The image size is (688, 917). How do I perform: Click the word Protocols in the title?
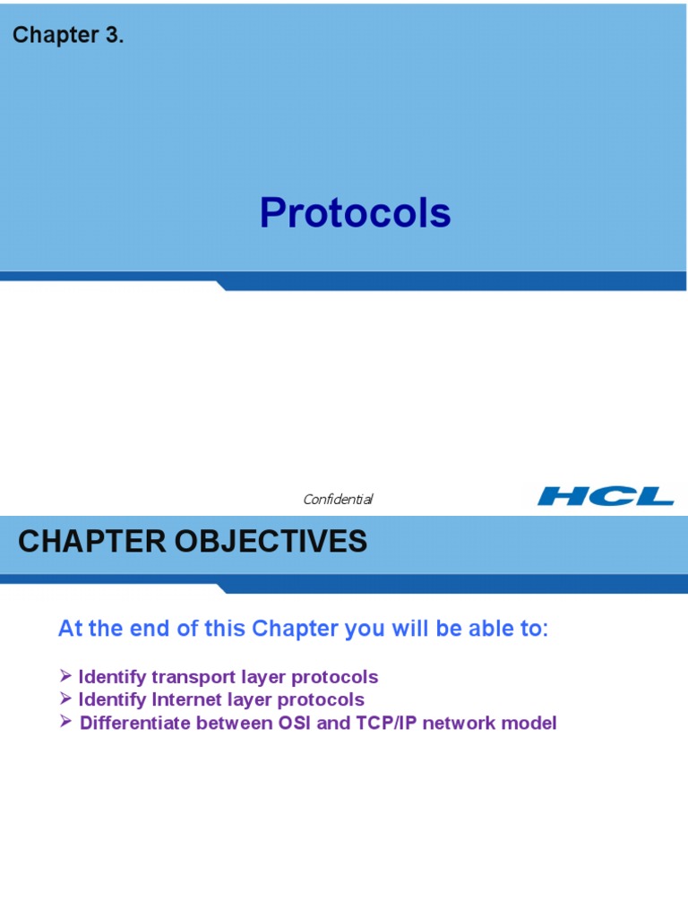click(x=355, y=212)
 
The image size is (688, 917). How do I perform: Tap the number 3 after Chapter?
click(x=112, y=35)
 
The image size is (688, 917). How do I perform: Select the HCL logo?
click(x=606, y=496)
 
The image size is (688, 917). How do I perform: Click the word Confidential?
click(x=338, y=499)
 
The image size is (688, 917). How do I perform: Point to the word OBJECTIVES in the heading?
click(x=271, y=541)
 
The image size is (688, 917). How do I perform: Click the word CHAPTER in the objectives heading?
click(x=92, y=541)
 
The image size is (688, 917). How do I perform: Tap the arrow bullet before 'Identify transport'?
click(x=65, y=676)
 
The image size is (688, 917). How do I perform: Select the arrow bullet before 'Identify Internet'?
click(x=65, y=698)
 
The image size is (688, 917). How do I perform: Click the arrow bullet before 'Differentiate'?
click(x=65, y=722)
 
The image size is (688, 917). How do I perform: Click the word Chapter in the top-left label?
click(x=56, y=35)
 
